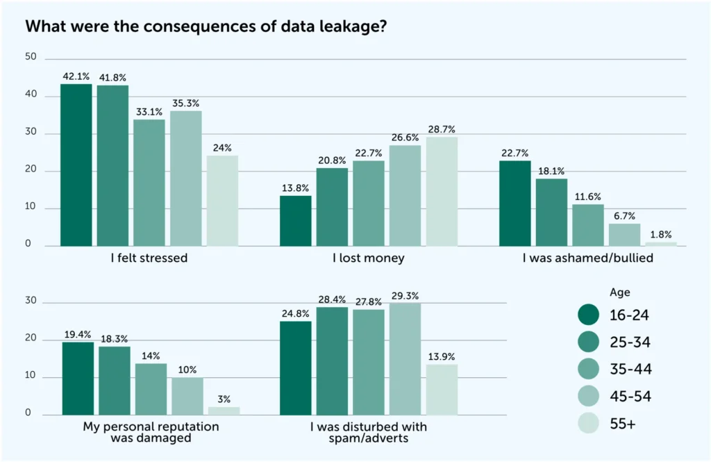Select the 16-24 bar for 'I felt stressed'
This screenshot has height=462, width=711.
[76, 165]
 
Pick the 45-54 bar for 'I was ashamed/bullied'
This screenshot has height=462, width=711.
[624, 234]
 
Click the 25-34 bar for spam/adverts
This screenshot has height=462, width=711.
[332, 361]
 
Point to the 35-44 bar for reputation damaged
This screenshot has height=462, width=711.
[151, 388]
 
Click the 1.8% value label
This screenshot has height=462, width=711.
[660, 235]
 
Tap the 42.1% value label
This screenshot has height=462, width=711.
[76, 77]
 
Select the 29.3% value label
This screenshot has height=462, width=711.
[405, 296]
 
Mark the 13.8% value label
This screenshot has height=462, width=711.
[295, 188]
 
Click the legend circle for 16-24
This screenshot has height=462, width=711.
[589, 315]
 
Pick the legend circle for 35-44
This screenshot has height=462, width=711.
[589, 369]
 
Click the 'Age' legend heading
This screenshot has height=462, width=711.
[619, 292]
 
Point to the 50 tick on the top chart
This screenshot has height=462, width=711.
[31, 57]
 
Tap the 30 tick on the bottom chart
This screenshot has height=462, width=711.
[31, 302]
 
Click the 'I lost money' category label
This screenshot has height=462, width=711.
[369, 258]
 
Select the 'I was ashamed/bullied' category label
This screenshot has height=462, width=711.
[587, 258]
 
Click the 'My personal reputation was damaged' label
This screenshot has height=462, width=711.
[150, 432]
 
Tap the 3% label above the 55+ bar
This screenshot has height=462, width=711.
[224, 399]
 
